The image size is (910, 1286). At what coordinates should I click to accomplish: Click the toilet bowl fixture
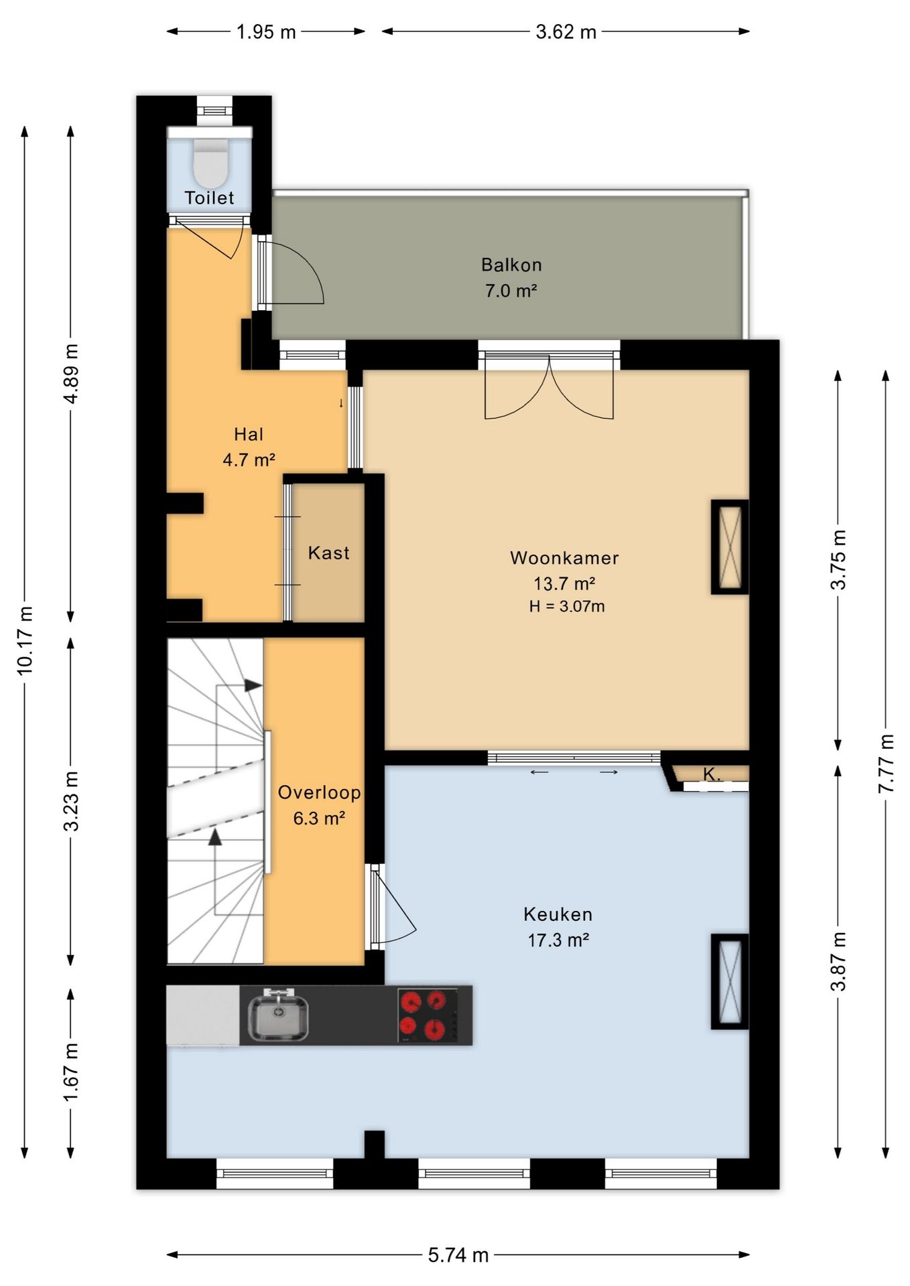click(x=210, y=163)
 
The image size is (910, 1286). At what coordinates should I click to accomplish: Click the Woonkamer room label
click(x=564, y=558)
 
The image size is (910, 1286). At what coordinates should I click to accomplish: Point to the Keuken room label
click(x=558, y=914)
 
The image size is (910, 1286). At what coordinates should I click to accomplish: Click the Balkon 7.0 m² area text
click(x=511, y=291)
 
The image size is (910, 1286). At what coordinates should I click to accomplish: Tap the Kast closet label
click(x=328, y=553)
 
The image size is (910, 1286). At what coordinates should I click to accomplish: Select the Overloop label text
click(x=320, y=792)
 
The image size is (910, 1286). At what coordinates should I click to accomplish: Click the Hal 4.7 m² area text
click(x=249, y=459)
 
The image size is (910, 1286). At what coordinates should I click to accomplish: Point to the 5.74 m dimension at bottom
click(x=458, y=1255)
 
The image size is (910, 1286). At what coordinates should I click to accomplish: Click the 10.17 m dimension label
click(x=25, y=640)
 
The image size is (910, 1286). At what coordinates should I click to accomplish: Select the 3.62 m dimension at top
click(x=566, y=31)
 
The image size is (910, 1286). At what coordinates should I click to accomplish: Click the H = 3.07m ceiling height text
click(x=567, y=607)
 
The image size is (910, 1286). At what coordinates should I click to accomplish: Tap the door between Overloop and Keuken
click(x=392, y=906)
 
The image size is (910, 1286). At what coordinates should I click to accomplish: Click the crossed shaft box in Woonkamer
click(x=730, y=547)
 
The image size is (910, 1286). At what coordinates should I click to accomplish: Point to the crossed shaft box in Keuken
click(x=730, y=981)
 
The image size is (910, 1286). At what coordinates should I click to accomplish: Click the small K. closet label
click(x=712, y=774)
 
